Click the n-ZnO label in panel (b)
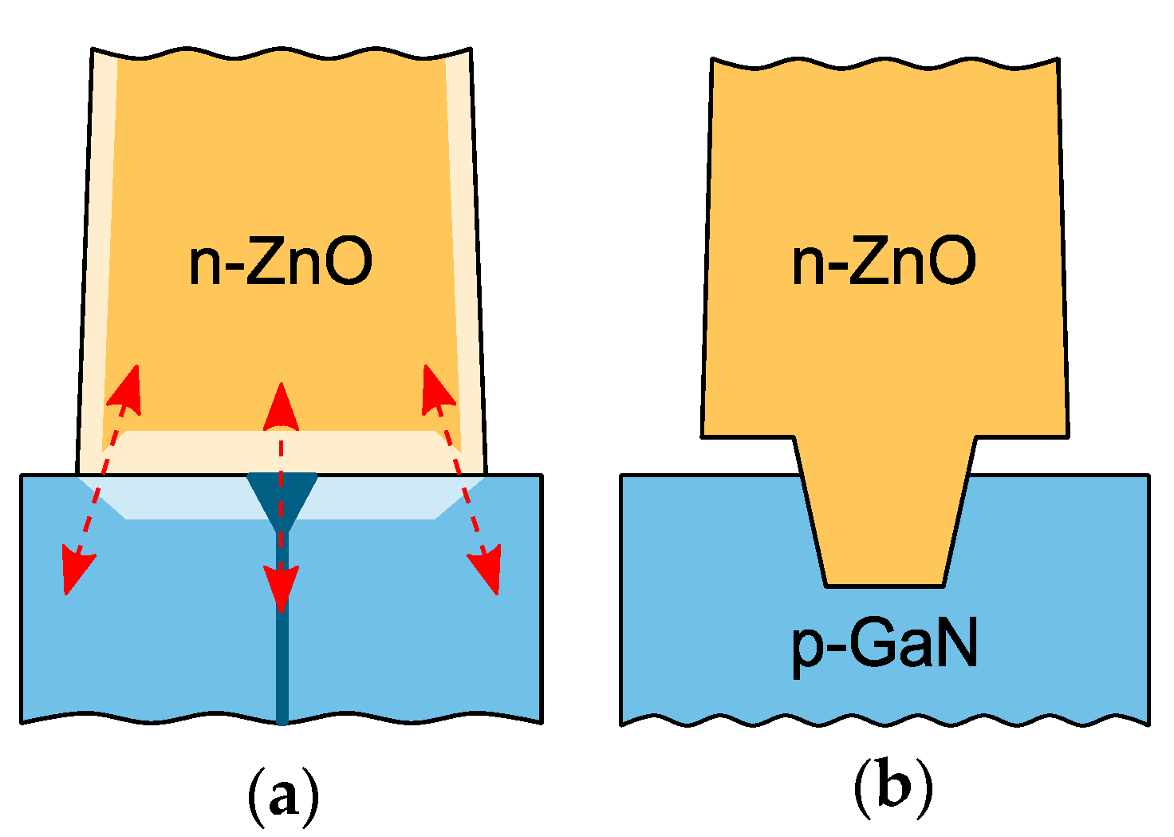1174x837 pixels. (x=884, y=262)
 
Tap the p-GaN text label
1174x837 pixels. (x=884, y=645)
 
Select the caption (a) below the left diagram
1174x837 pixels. (x=283, y=790)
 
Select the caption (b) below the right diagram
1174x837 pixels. (x=892, y=790)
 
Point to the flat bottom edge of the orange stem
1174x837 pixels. (x=884, y=586)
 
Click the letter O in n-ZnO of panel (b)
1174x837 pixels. (x=952, y=262)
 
